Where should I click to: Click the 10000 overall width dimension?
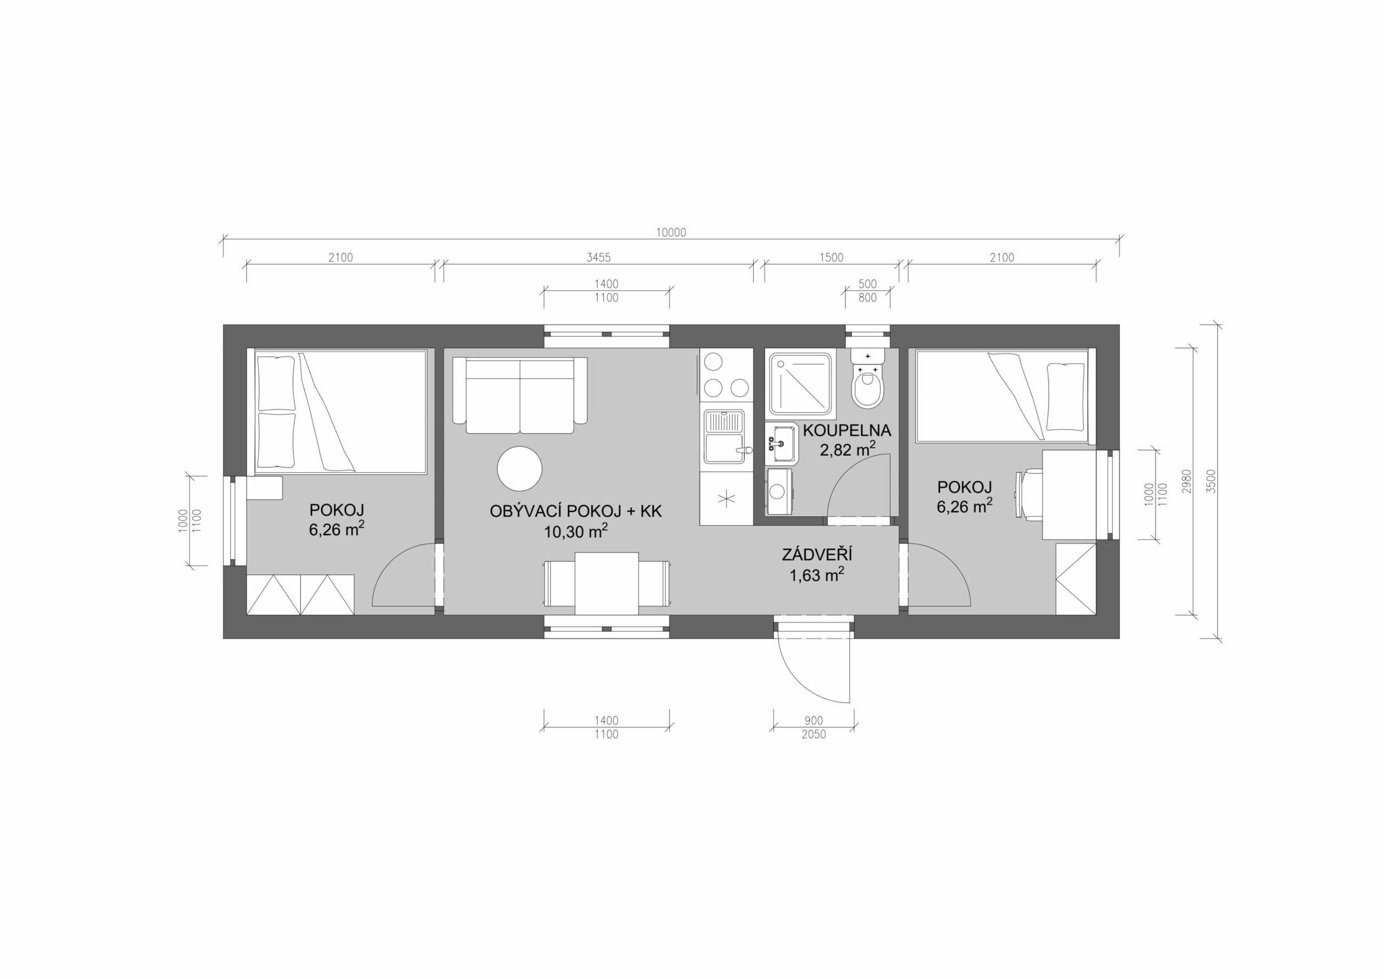click(x=671, y=232)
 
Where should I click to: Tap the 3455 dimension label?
click(x=598, y=258)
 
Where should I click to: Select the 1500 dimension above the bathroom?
click(x=830, y=258)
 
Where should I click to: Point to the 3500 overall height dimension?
click(x=1212, y=481)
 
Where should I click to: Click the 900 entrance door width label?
click(x=813, y=721)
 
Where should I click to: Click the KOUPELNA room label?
click(x=846, y=431)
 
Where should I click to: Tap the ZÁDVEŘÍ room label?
click(x=817, y=555)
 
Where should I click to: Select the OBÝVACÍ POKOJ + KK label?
click(x=576, y=511)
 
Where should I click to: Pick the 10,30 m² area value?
click(x=576, y=531)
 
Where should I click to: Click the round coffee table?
click(x=519, y=468)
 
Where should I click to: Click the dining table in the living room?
click(x=606, y=583)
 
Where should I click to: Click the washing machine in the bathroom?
click(x=780, y=491)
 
